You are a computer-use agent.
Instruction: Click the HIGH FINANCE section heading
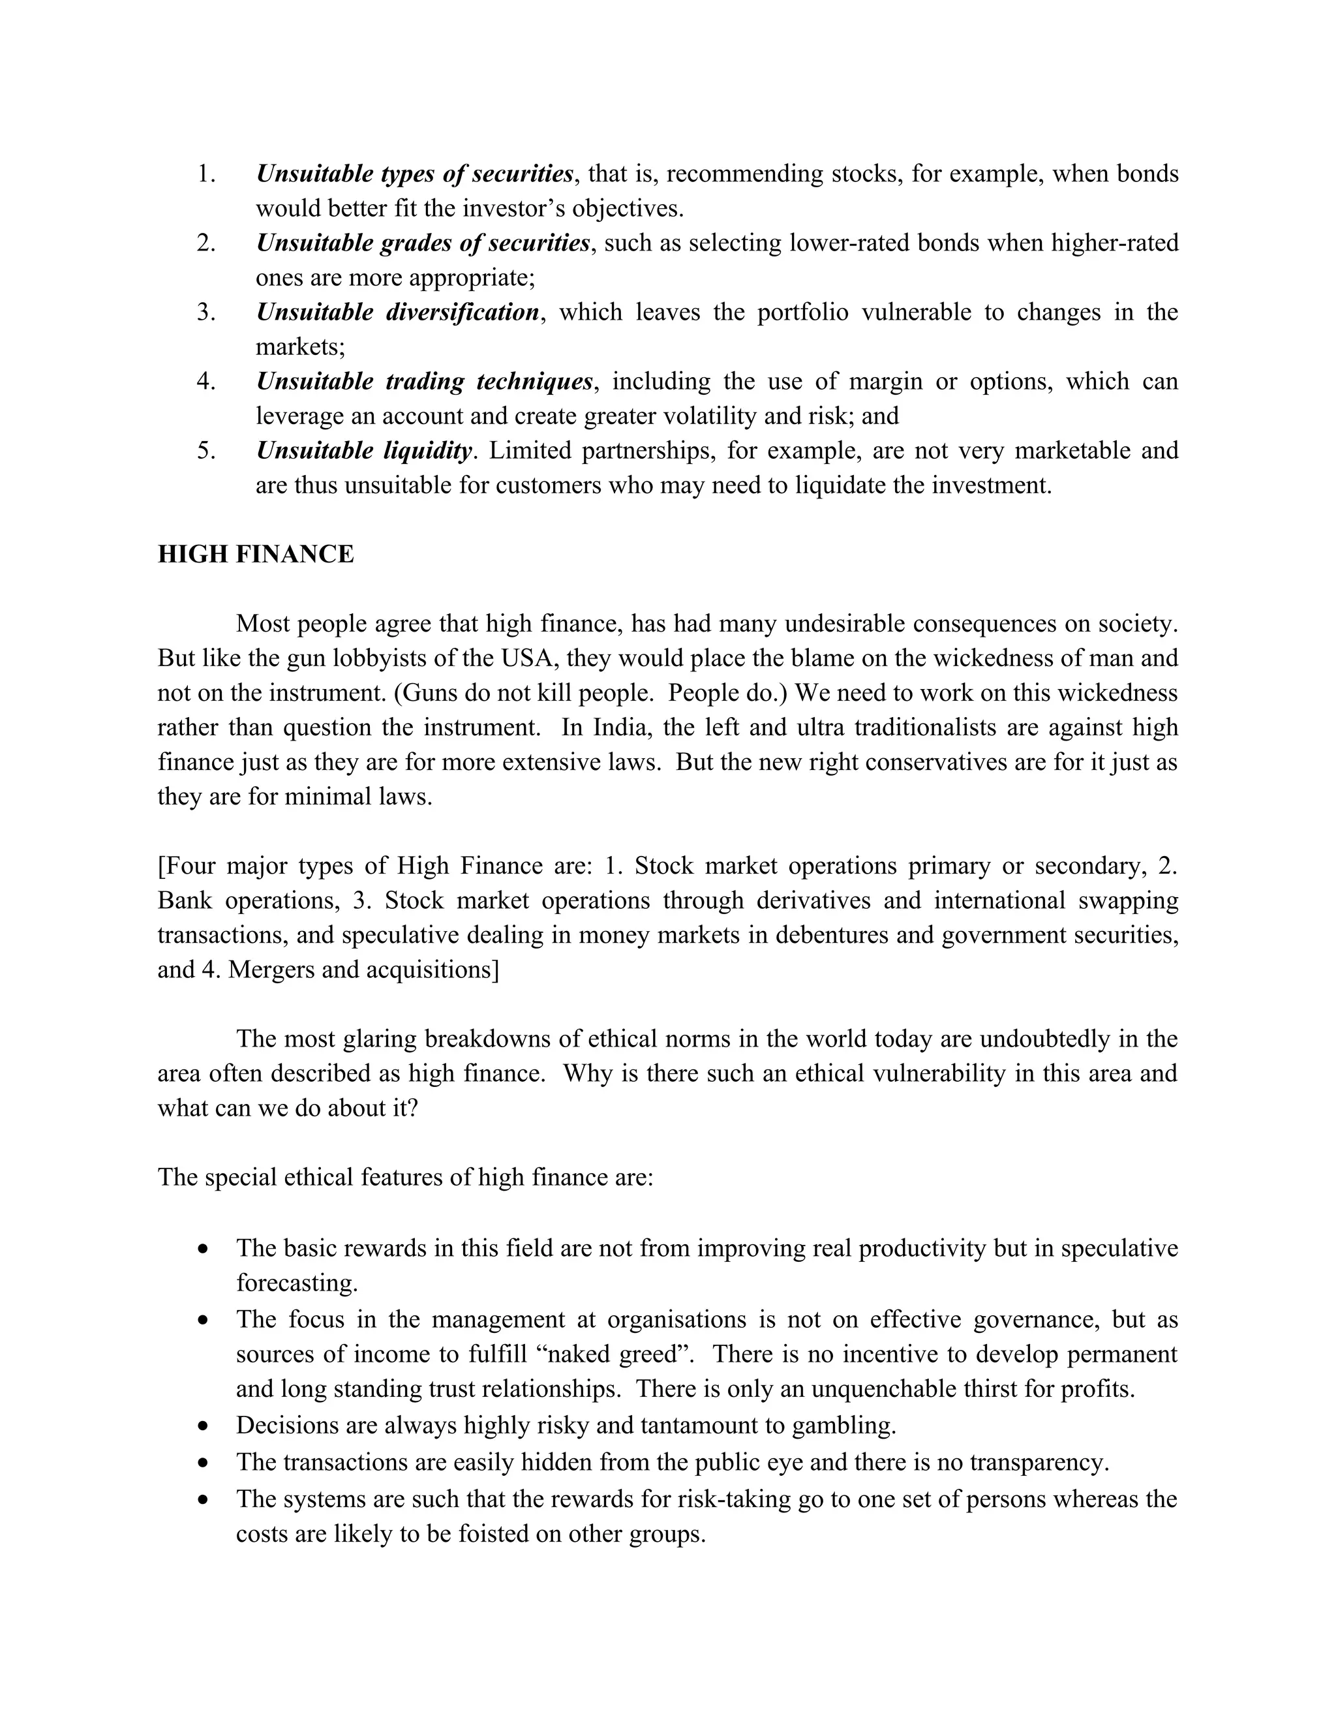(x=256, y=554)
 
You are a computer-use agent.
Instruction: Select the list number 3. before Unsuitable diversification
(x=205, y=312)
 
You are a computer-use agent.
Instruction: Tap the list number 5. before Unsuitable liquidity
(x=205, y=450)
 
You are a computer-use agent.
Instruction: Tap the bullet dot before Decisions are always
(x=204, y=1426)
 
